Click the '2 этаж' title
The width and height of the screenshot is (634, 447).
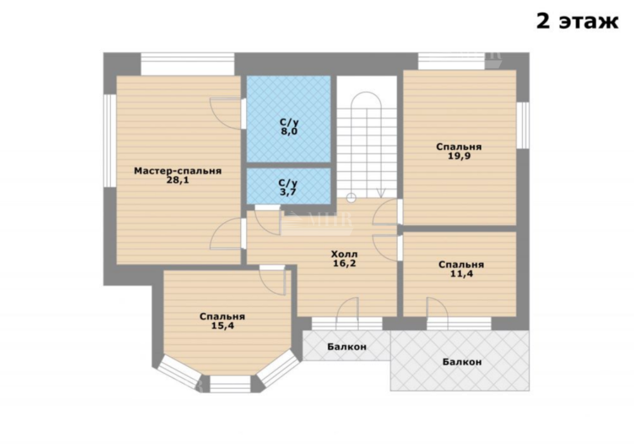click(x=577, y=21)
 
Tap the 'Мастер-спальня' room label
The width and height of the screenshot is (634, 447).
click(x=178, y=171)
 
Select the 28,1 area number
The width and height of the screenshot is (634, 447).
click(x=178, y=180)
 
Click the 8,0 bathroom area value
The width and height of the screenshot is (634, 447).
click(x=289, y=131)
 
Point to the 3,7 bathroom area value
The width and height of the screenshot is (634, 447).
click(x=288, y=192)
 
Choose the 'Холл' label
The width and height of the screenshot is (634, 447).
click(x=344, y=254)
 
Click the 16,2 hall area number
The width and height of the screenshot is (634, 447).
click(x=344, y=264)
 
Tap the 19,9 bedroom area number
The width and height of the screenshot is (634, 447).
click(x=459, y=156)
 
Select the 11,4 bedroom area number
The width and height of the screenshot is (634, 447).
click(x=462, y=274)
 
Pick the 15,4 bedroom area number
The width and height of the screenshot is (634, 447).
click(x=223, y=326)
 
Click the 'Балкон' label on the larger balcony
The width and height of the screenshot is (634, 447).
click(x=462, y=361)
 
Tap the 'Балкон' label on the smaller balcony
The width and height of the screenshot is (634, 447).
click(x=347, y=347)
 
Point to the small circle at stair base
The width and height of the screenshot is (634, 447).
click(x=351, y=198)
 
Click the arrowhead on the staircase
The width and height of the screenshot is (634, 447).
click(x=381, y=193)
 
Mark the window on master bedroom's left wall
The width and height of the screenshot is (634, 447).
click(x=110, y=140)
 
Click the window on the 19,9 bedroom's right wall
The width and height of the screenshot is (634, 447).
click(x=523, y=125)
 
